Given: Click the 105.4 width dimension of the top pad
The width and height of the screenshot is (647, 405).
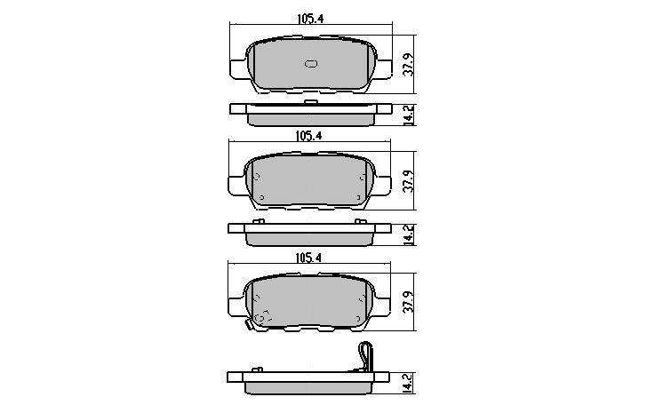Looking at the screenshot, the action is (x=310, y=19).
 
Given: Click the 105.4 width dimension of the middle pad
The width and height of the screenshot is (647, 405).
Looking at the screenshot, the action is (x=308, y=136).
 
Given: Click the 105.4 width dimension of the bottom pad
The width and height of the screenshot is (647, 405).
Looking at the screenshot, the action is (x=308, y=258).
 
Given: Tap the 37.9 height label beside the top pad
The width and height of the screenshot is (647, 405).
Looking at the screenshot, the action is (x=408, y=64).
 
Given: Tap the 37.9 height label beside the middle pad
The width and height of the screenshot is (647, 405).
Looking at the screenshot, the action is (x=408, y=180).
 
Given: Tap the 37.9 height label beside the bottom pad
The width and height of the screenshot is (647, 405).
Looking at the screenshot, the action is (x=408, y=301).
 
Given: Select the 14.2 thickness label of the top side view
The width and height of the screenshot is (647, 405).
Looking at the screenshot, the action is (x=408, y=115).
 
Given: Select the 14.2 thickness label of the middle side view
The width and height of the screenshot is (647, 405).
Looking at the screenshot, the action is (x=408, y=234).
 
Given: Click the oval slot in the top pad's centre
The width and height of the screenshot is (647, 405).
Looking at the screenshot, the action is (x=311, y=64).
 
